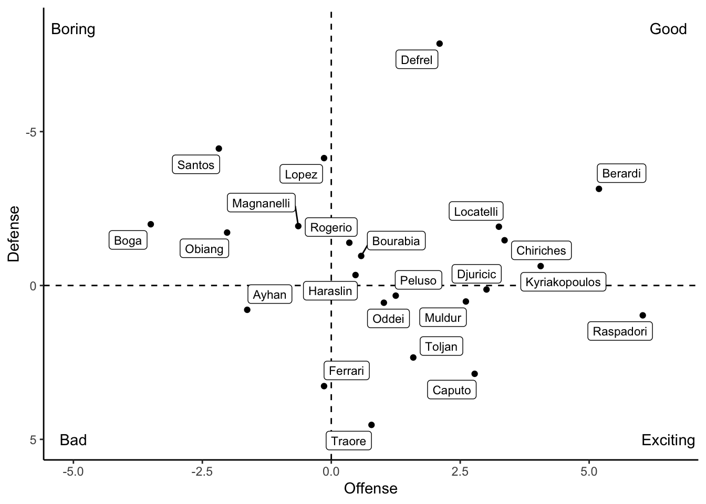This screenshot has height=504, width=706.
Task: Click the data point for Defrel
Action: (440, 44)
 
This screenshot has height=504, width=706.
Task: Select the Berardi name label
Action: (621, 173)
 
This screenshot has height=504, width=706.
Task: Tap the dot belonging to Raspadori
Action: (642, 316)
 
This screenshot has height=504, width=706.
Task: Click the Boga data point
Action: (151, 224)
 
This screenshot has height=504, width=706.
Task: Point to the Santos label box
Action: (196, 165)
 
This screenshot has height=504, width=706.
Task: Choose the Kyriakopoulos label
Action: (563, 282)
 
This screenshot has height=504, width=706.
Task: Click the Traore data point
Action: (371, 425)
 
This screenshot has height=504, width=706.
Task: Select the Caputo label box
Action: (452, 390)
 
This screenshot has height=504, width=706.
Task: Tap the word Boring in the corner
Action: (73, 29)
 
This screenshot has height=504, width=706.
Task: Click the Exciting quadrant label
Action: (668, 440)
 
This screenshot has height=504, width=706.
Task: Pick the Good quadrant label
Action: (668, 29)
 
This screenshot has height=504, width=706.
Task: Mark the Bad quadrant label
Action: (73, 440)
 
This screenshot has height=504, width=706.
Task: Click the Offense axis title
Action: (370, 489)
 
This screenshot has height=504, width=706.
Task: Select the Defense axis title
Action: (14, 234)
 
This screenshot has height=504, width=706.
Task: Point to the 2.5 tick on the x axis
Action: (460, 471)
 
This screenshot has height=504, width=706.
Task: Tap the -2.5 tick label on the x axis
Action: (202, 471)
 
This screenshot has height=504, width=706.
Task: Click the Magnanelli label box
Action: (261, 203)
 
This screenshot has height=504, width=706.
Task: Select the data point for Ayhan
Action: (247, 310)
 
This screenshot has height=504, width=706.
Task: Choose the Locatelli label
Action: (476, 212)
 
